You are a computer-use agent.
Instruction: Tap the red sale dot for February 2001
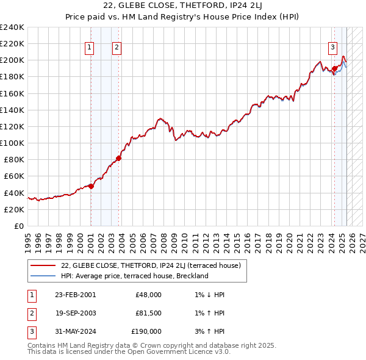point(91,186)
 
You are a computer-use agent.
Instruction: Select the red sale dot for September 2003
point(118,158)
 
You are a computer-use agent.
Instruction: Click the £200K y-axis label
point(12,60)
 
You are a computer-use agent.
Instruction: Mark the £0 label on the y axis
point(19,226)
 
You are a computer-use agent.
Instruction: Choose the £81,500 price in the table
point(148,313)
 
